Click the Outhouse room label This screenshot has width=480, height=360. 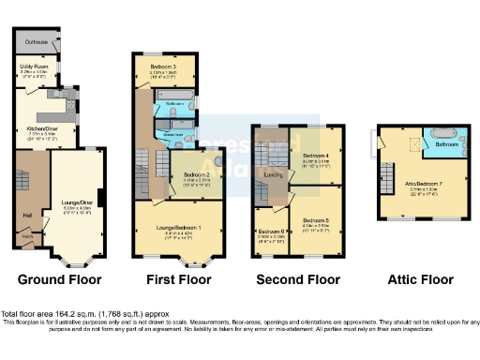coord(38,41)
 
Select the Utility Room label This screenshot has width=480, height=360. coord(34,67)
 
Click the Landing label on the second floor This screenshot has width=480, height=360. coord(273,174)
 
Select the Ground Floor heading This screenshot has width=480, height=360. coord(58,279)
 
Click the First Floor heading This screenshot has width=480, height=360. coord(177,279)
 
